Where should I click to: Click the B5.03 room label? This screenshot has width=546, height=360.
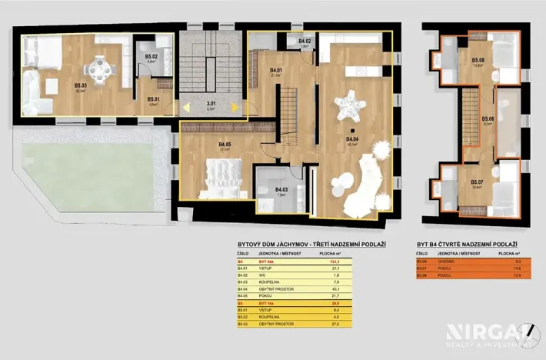[79, 86]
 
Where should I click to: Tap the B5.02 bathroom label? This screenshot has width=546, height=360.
[151, 56]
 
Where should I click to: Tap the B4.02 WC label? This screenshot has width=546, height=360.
[304, 42]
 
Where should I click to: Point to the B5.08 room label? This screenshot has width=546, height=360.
[478, 60]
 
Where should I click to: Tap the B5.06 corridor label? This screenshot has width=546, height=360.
[488, 120]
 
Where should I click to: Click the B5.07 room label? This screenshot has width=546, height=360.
[478, 182]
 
